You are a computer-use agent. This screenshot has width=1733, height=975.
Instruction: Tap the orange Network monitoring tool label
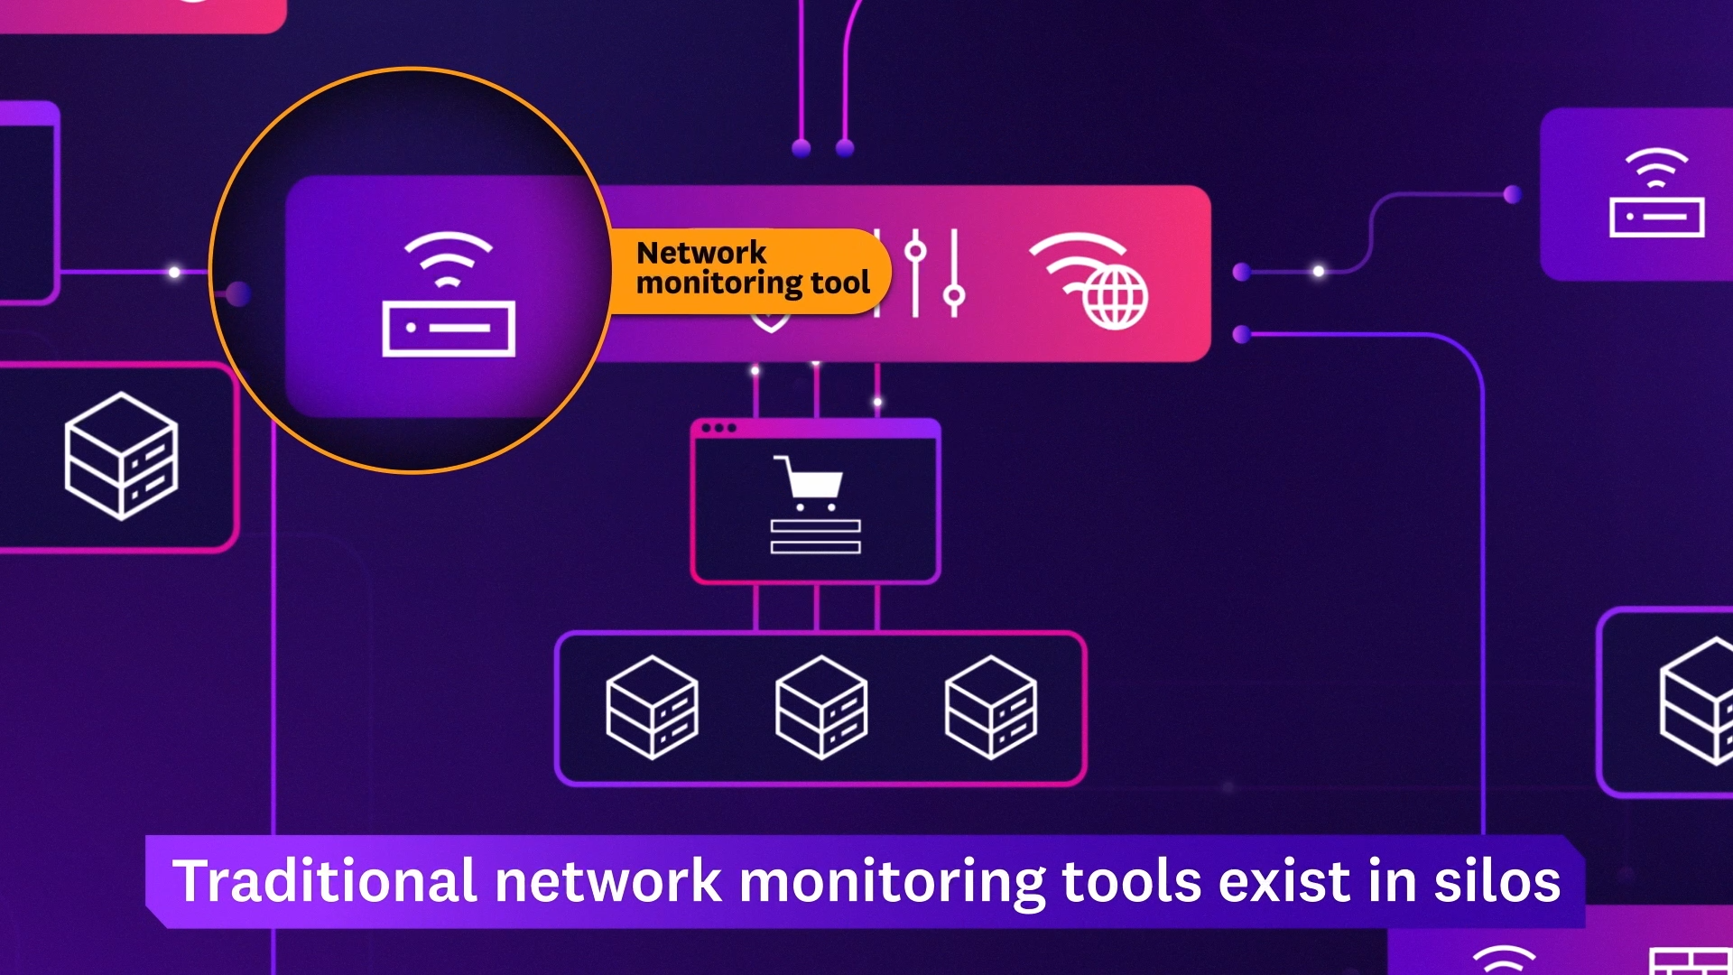pos(751,269)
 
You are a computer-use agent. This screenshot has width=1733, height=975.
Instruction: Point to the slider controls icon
pos(934,273)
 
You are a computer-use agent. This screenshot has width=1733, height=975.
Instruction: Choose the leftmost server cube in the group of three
pos(652,707)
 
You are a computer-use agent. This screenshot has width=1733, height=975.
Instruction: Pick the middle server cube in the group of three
pos(820,707)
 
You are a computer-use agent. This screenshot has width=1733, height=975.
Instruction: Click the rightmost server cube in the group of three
pos(990,707)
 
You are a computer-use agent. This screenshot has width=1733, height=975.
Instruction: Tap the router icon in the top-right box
pos(1656,193)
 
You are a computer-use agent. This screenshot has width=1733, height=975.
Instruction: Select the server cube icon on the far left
pos(121,456)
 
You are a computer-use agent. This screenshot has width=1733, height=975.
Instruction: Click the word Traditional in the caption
pos(324,882)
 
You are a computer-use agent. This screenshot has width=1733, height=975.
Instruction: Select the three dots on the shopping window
pos(718,428)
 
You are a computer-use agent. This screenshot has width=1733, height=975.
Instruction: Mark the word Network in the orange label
pos(701,253)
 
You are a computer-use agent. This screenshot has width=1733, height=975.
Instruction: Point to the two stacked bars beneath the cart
pos(815,536)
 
